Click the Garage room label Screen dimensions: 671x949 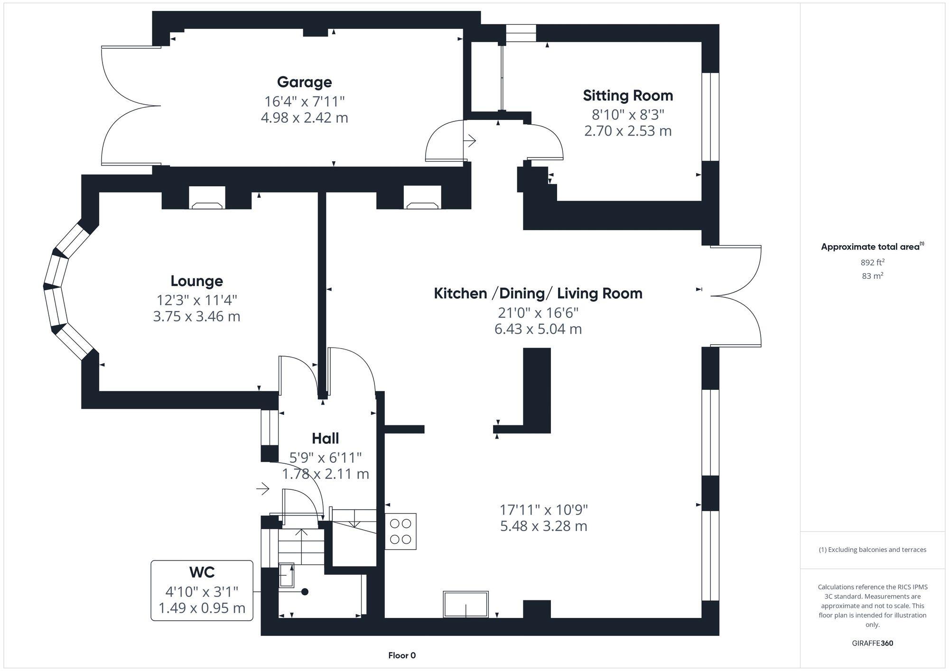tap(304, 82)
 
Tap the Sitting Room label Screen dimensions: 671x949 tap(628, 95)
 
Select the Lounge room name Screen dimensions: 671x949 tap(196, 281)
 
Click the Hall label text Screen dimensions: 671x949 tap(325, 438)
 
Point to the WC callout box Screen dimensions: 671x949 tap(202, 590)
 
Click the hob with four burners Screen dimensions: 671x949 tap(400, 531)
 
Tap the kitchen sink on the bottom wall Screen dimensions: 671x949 tap(465, 604)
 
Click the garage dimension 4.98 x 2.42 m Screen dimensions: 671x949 tap(304, 118)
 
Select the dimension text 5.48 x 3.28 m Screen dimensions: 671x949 tap(543, 526)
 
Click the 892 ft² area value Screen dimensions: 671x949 tap(872, 262)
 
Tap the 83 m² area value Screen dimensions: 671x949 tap(872, 276)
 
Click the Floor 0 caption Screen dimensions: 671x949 tap(402, 655)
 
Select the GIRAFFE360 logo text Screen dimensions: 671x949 tap(872, 643)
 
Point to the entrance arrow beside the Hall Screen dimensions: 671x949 tap(263, 488)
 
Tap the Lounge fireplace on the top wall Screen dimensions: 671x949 tap(207, 204)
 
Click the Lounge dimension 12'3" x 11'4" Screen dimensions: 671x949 tap(196, 300)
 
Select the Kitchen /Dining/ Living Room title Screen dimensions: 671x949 tap(538, 294)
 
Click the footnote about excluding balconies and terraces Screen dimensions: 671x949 tap(872, 550)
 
